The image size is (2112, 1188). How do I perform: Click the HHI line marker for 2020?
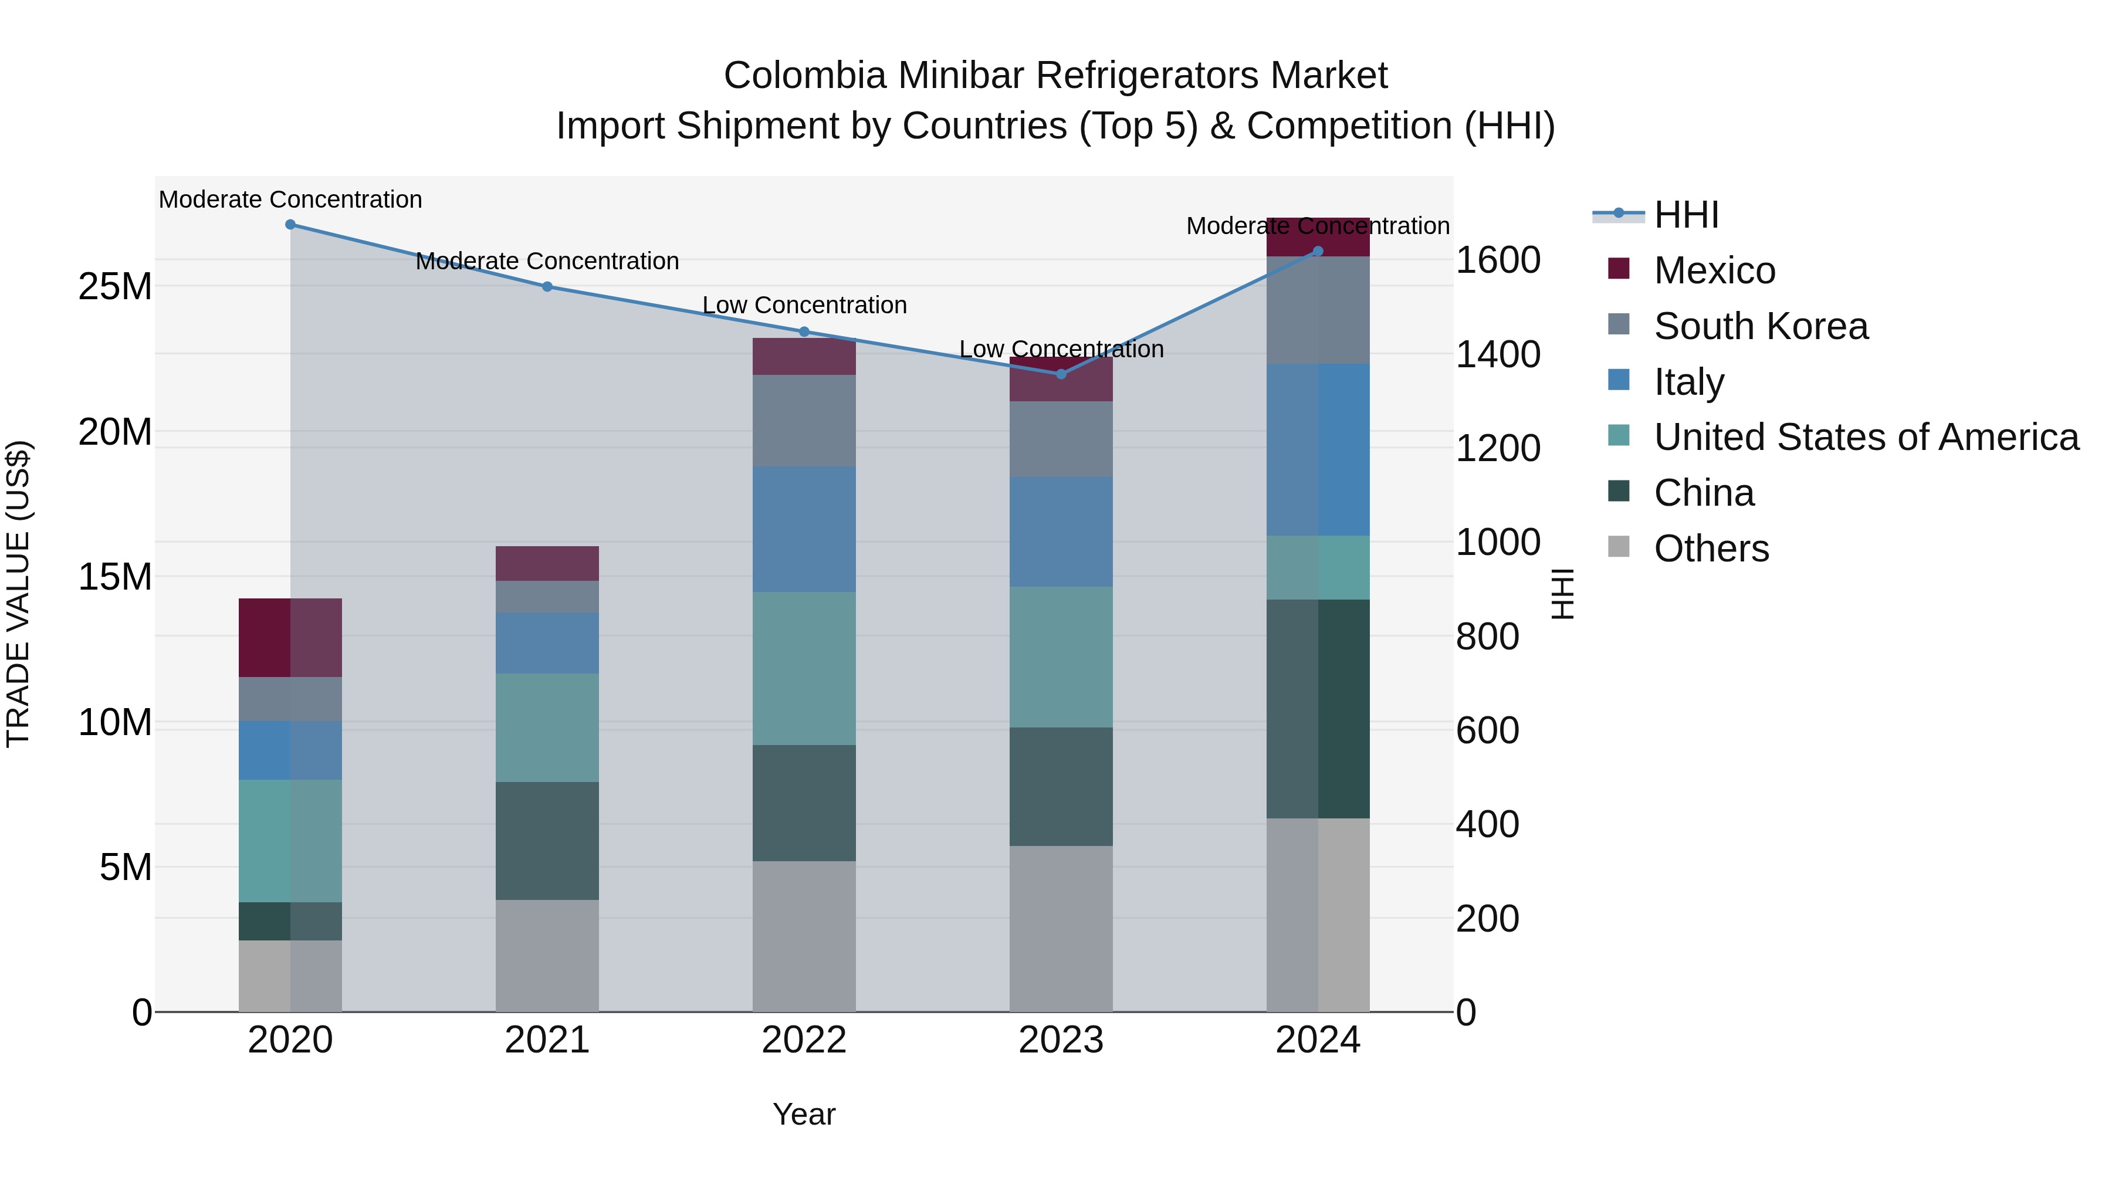pos(290,225)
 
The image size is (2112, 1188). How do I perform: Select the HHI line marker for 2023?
pos(1061,374)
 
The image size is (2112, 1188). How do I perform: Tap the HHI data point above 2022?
pos(804,332)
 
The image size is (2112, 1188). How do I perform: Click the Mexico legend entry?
pos(1714,270)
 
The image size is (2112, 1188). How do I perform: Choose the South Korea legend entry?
pos(1760,326)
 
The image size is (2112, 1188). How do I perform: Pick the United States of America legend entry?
pos(1865,437)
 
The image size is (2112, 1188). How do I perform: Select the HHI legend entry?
pos(1685,215)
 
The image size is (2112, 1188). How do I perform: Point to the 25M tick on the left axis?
pos(115,287)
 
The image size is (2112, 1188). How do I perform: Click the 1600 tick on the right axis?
pos(1497,260)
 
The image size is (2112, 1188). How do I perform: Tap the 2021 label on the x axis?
pos(547,1040)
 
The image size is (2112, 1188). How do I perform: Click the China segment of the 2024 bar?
pos(1318,708)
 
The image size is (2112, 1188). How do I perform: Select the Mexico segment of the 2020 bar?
pos(290,638)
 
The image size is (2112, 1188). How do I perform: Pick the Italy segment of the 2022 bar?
pos(804,529)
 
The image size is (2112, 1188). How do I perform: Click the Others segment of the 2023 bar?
pos(1061,928)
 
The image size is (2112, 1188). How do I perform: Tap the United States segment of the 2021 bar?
pos(547,727)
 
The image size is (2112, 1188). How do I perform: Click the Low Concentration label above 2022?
pos(804,305)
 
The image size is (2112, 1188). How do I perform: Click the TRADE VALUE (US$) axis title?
pos(18,594)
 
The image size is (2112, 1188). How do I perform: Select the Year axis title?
pos(804,1114)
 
